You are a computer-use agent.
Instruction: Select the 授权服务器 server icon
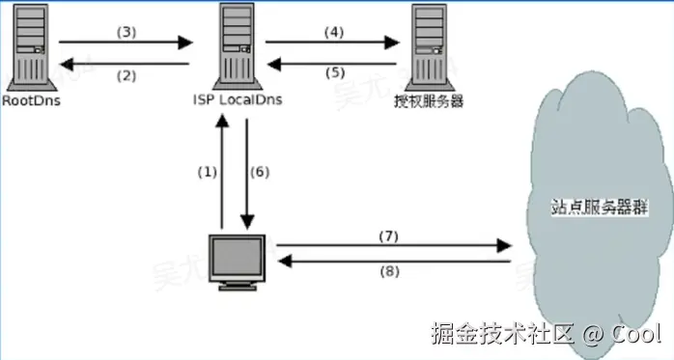point(432,45)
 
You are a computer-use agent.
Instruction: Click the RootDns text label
point(32,99)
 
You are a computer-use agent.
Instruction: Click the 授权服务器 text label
point(431,99)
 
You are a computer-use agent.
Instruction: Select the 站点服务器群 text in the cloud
point(582,206)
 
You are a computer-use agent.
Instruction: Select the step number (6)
point(260,172)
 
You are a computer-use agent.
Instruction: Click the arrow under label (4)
point(331,42)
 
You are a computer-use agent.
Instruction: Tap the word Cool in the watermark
point(636,334)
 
